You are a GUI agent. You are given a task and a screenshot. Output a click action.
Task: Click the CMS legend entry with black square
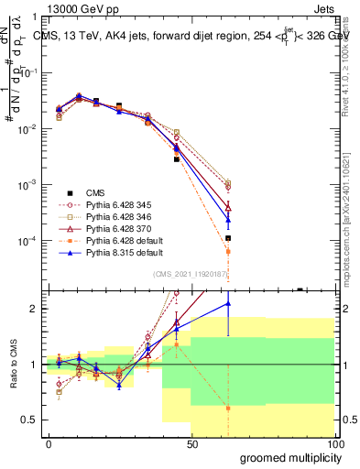click(97, 192)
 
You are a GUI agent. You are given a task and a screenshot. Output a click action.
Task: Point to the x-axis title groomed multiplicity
click(287, 457)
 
